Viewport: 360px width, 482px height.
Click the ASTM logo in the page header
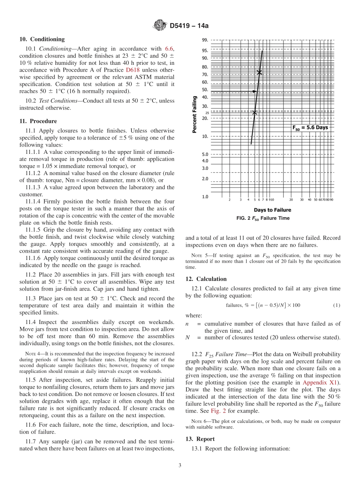click(160, 26)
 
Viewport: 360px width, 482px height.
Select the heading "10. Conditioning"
click(42, 39)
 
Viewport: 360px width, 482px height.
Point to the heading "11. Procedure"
click(38, 121)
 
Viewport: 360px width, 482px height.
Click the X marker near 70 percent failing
click(259, 72)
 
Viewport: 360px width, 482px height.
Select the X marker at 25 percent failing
click(255, 112)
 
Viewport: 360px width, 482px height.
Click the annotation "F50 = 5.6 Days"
click(310, 128)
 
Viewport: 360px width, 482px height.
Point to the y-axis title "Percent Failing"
click(194, 114)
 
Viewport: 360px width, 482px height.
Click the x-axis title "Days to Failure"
click(272, 210)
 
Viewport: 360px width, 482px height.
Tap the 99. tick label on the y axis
click(205, 40)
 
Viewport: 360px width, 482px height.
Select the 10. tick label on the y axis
click(205, 136)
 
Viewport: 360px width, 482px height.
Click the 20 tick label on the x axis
click(291, 200)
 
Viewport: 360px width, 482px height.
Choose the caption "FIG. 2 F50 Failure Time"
click(263, 218)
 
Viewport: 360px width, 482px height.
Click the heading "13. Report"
click(200, 439)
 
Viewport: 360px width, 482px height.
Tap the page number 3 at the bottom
click(180, 466)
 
